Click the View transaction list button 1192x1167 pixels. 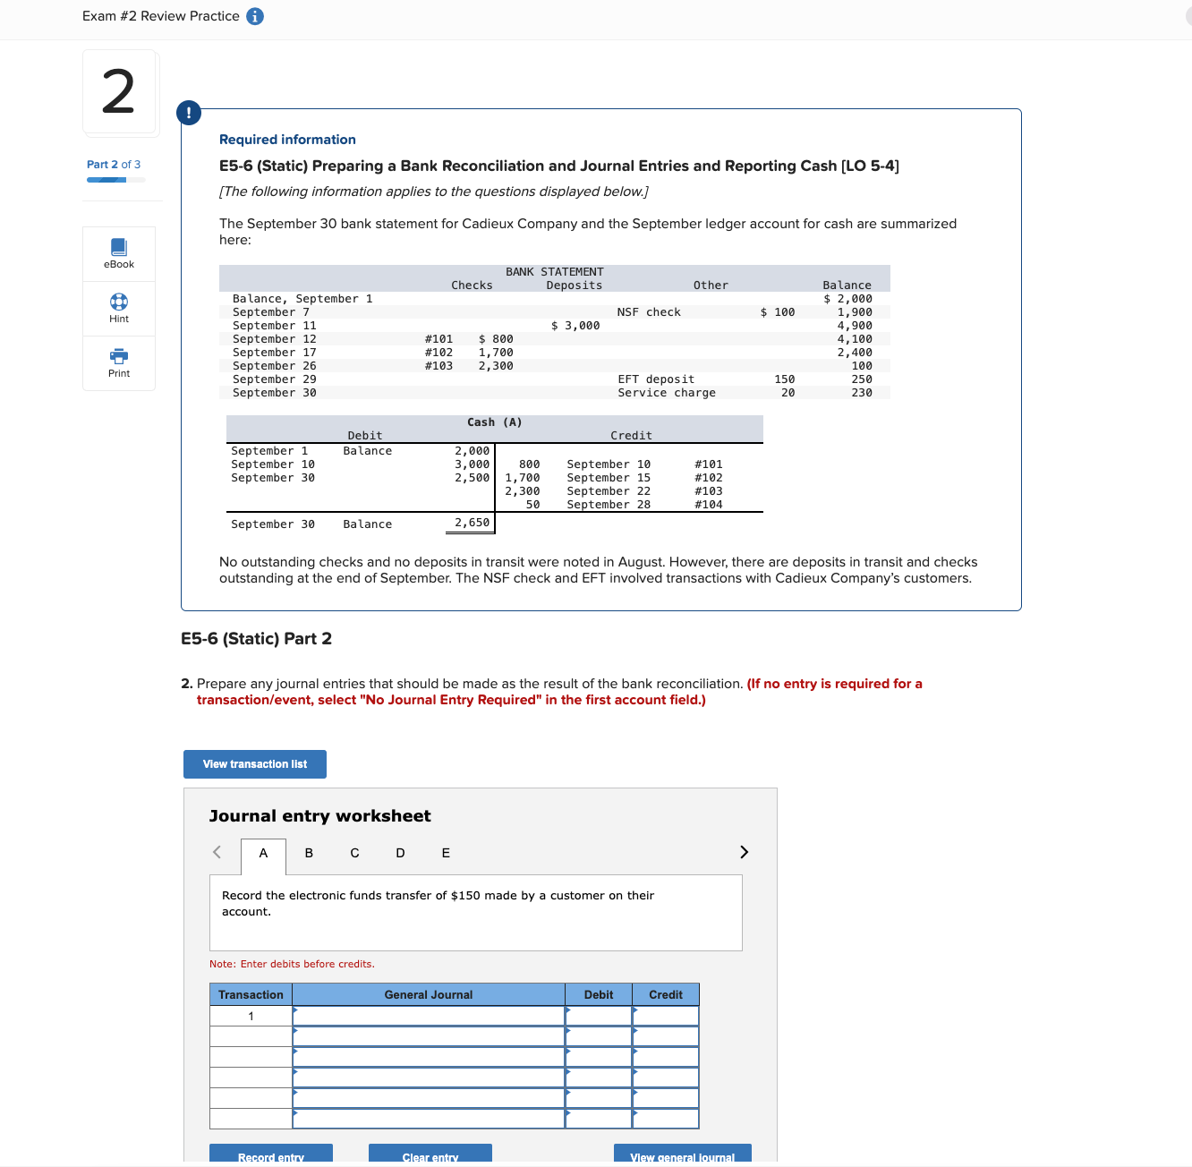254,764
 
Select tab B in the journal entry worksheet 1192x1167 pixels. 309,853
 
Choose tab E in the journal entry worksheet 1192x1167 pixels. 446,853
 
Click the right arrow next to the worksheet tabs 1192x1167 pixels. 744,852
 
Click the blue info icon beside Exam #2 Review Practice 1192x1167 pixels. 255,16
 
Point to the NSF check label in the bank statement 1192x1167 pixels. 649,312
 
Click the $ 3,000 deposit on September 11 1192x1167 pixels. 575,326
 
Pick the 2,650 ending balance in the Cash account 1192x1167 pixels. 472,523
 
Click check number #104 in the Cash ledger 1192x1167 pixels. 708,505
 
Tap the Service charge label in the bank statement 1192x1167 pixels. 666,393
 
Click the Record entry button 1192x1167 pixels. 271,1155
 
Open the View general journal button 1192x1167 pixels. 682,1155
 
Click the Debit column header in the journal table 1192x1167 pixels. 599,995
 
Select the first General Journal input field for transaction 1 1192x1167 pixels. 429,1017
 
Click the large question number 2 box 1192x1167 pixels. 120,93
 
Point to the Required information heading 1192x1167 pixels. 287,140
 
